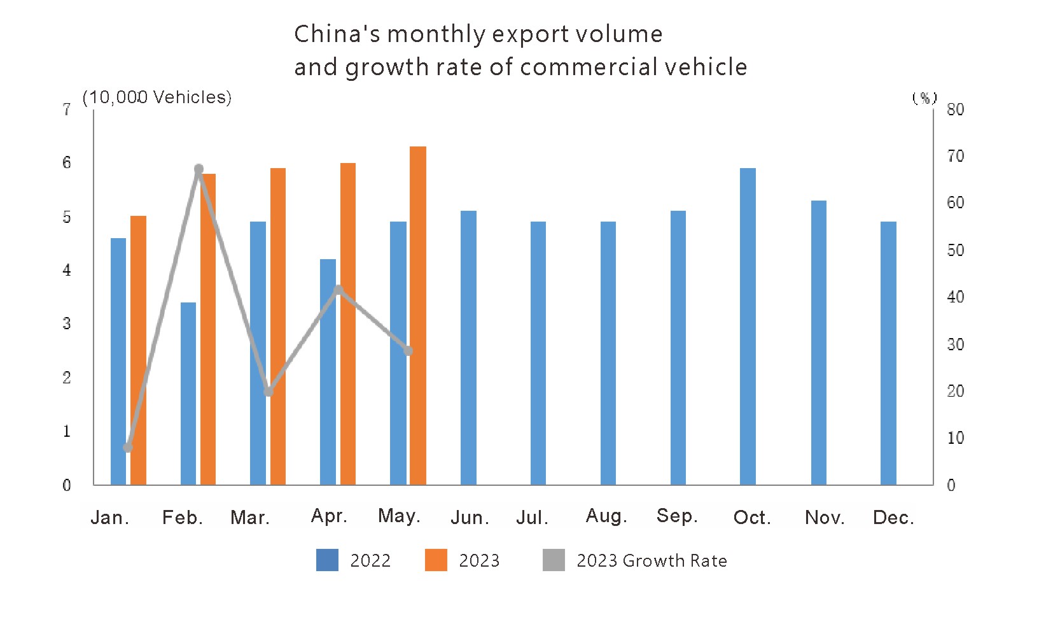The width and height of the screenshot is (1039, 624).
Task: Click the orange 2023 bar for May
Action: (x=417, y=315)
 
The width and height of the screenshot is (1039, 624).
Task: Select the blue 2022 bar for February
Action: (x=188, y=394)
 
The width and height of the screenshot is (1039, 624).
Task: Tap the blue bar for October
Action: (x=748, y=326)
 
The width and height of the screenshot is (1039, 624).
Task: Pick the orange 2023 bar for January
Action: (x=138, y=350)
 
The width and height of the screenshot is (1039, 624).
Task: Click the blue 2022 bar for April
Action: (x=328, y=372)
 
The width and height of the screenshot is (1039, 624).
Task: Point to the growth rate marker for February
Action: (x=199, y=169)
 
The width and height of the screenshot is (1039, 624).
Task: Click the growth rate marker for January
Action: (x=128, y=448)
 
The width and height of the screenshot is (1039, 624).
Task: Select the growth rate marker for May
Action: (x=408, y=351)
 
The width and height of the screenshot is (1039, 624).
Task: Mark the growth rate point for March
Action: (x=268, y=392)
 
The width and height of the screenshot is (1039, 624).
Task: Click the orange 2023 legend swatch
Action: (x=436, y=560)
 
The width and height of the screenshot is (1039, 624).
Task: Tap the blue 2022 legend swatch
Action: (x=327, y=560)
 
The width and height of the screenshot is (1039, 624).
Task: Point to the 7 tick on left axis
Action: (x=66, y=110)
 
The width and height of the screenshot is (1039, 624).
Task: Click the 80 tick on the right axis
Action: (x=955, y=110)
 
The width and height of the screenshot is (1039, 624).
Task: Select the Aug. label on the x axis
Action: (x=606, y=516)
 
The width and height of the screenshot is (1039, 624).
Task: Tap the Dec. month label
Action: (x=893, y=517)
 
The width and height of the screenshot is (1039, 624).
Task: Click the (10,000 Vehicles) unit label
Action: (x=157, y=97)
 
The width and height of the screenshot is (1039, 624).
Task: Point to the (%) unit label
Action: (x=924, y=97)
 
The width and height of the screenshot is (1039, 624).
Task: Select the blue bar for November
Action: (x=818, y=343)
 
